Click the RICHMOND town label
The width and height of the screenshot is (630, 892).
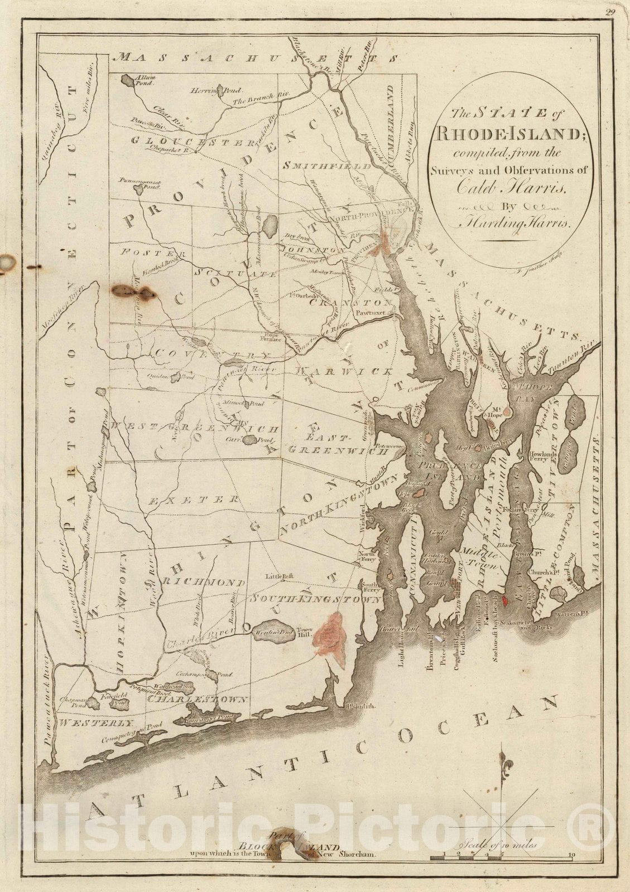(204, 583)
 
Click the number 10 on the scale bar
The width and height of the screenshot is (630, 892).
(570, 854)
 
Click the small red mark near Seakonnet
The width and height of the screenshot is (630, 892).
(505, 600)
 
